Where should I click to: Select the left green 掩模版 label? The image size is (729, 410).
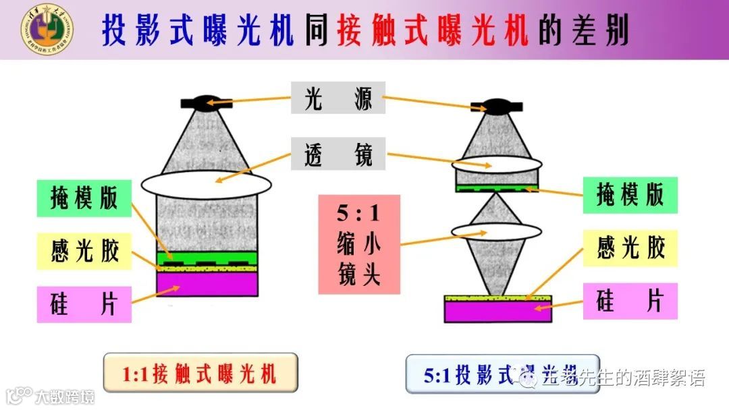[84, 198]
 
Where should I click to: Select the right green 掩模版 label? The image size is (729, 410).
[630, 195]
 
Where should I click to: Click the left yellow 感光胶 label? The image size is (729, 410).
[84, 251]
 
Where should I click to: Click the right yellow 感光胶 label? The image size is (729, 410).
[630, 247]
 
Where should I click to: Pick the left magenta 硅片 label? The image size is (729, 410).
[84, 304]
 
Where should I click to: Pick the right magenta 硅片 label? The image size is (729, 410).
[630, 301]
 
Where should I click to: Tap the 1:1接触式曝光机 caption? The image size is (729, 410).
[200, 373]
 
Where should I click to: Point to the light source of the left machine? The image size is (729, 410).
[207, 103]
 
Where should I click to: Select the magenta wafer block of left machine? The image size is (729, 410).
[207, 284]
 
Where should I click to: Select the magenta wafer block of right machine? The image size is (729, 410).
[497, 311]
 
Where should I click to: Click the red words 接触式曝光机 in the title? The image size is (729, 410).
[432, 31]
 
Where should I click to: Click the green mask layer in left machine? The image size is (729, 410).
[207, 256]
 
